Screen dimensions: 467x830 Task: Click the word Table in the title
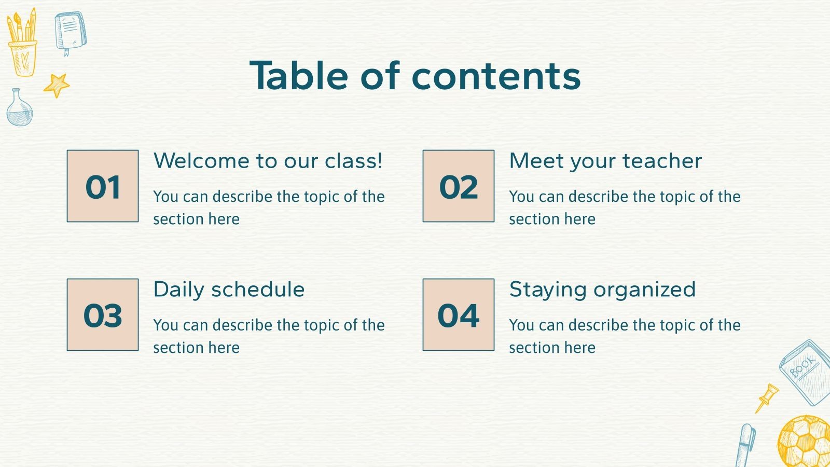[299, 76]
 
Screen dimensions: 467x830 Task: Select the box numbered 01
[103, 186]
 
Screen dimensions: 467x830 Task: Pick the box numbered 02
[459, 186]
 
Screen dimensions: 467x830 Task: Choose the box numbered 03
[103, 315]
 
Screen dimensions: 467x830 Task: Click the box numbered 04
[459, 315]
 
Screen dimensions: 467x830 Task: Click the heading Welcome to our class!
[268, 161]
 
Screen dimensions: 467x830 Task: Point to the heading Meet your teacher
[605, 161]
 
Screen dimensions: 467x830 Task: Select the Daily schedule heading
[229, 290]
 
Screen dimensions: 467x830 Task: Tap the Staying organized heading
[602, 290]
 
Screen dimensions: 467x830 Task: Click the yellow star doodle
[57, 85]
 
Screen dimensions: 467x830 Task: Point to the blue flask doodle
[19, 108]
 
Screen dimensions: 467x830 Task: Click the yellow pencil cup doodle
[22, 44]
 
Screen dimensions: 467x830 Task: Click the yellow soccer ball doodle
[805, 442]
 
